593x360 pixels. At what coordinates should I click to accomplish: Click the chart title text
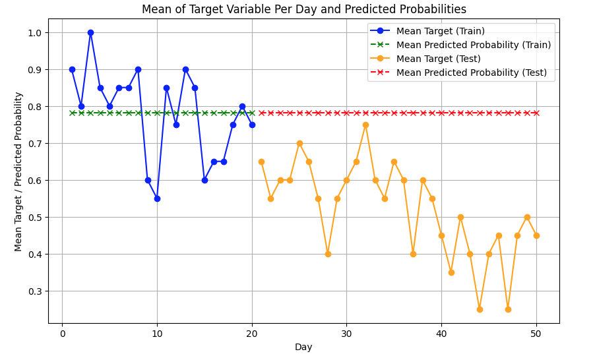(x=304, y=9)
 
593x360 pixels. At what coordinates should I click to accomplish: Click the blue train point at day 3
(x=90, y=32)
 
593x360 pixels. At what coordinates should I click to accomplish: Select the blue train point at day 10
(x=157, y=198)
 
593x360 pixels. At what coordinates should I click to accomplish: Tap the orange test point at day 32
(x=365, y=125)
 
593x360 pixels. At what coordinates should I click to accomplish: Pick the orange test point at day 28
(x=328, y=254)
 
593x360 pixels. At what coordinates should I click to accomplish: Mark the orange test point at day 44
(x=480, y=309)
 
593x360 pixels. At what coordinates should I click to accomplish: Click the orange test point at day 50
(x=536, y=235)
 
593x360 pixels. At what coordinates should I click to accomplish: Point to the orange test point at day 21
(x=261, y=162)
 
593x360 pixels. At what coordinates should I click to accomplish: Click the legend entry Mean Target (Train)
(x=440, y=31)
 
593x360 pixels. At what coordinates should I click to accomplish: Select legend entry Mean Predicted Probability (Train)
(x=473, y=45)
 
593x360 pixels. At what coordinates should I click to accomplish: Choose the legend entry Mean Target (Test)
(x=438, y=59)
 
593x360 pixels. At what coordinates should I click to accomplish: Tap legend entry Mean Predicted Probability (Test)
(x=471, y=73)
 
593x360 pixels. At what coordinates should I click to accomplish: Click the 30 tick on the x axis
(x=346, y=334)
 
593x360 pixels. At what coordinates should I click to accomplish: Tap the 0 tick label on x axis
(x=62, y=334)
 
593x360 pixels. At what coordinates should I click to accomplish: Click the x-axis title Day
(x=303, y=347)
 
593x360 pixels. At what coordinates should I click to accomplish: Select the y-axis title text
(x=18, y=171)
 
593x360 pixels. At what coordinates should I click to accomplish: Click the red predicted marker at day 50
(x=536, y=113)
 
